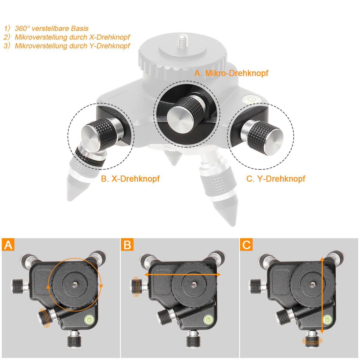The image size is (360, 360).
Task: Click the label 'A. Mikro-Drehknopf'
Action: pyautogui.click(x=231, y=73)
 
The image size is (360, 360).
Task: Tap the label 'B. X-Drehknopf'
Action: pyautogui.click(x=130, y=179)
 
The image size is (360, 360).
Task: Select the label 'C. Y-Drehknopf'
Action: pyautogui.click(x=275, y=179)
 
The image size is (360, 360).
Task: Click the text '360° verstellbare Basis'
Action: pyautogui.click(x=52, y=28)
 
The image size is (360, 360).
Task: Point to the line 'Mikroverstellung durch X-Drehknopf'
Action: pyautogui.click(x=72, y=37)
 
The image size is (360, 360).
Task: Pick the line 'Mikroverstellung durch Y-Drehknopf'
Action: pyautogui.click(x=72, y=46)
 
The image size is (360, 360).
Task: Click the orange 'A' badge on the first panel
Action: pyautogui.click(x=8, y=244)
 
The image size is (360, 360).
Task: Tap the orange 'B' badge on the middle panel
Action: pyautogui.click(x=127, y=244)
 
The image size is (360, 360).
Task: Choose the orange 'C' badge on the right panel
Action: pyautogui.click(x=246, y=244)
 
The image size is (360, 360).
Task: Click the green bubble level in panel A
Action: pyautogui.click(x=89, y=319)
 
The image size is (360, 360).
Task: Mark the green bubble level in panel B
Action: pyautogui.click(x=208, y=319)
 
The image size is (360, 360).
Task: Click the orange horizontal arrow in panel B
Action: pyautogui.click(x=182, y=274)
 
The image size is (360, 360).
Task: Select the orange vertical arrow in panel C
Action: pyautogui.click(x=322, y=295)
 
